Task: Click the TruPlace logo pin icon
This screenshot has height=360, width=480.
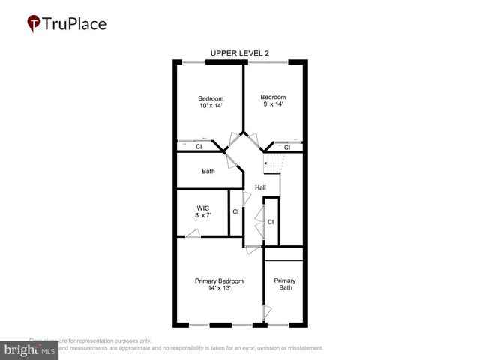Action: tap(34, 24)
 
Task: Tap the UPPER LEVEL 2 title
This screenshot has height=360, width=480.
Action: tap(240, 53)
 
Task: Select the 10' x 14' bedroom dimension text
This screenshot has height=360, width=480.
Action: tap(211, 106)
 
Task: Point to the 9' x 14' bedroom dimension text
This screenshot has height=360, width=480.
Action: tap(273, 105)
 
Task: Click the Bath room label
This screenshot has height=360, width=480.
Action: tap(208, 171)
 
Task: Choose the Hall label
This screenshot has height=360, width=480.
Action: tap(260, 187)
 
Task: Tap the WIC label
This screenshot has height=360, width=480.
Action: tap(202, 208)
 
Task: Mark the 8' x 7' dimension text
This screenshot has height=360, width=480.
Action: tap(202, 216)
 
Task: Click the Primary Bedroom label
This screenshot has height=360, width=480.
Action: tap(219, 281)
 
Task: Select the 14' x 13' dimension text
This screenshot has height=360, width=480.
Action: tap(219, 289)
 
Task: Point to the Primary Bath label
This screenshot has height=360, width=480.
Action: tap(285, 284)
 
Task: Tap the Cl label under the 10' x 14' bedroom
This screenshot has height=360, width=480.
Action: tap(199, 147)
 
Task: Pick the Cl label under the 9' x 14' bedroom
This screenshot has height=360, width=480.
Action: tap(286, 147)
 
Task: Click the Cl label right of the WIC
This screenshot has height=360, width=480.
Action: tap(235, 212)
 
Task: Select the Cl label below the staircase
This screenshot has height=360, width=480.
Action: tap(271, 222)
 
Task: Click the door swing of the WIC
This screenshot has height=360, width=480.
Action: tap(193, 233)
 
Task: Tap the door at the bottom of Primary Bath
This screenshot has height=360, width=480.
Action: tap(265, 312)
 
